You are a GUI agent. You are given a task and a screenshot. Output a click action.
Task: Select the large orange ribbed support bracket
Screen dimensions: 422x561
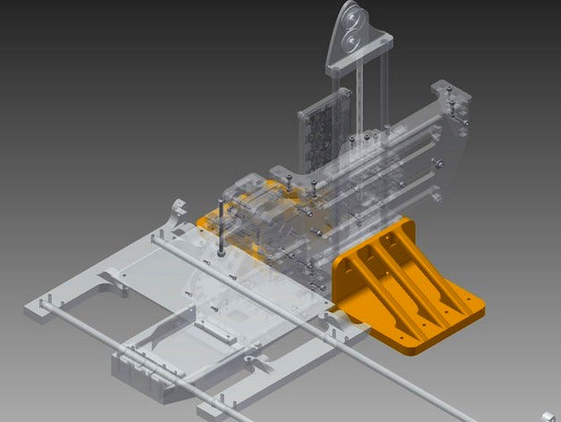[x=406, y=282]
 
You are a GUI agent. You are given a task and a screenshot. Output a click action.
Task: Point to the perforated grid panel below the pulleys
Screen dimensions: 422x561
[x=320, y=134]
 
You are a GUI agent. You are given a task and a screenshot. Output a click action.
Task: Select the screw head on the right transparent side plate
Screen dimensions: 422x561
[x=439, y=163]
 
